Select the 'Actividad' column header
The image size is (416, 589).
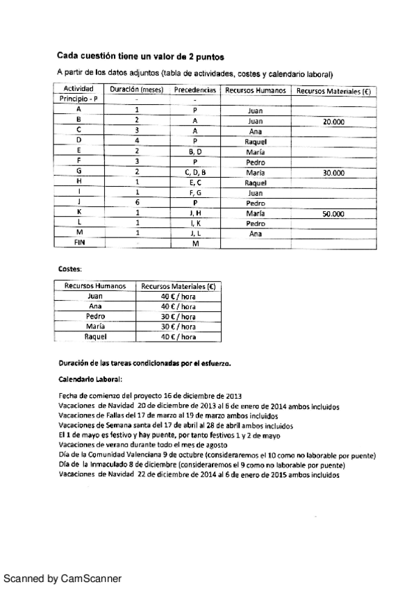pos(78,90)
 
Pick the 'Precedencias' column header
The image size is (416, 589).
pos(195,90)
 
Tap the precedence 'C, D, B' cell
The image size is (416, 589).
pos(195,172)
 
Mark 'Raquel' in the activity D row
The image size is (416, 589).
pos(255,141)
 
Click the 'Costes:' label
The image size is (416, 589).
pos(70,267)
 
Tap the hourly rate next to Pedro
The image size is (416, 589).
pos(178,316)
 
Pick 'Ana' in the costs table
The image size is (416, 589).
pos(95,306)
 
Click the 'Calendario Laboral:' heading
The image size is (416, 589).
pos(90,379)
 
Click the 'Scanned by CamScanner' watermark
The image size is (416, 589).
pos(63,578)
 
